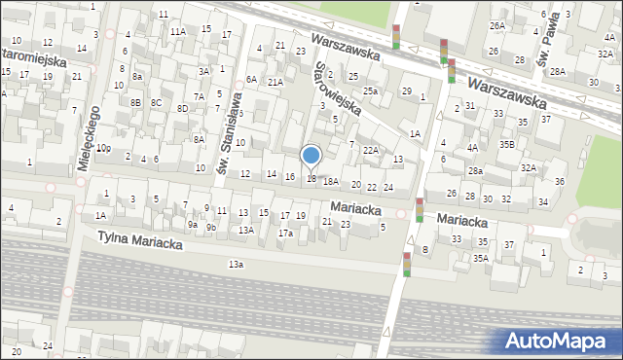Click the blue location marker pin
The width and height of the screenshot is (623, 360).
coord(311,157)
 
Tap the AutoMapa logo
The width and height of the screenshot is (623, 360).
coord(558,341)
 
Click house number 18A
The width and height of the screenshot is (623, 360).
coord(331,181)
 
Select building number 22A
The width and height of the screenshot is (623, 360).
coord(370,150)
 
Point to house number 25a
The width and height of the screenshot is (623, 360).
coord(371,90)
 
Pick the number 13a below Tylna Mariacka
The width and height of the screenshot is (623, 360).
coord(236,264)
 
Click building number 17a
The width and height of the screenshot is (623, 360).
coord(285,234)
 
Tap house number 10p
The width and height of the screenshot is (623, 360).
coord(102,148)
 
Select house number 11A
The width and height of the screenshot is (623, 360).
coord(177,31)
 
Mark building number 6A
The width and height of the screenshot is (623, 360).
coord(250,79)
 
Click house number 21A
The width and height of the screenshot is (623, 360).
coord(275,83)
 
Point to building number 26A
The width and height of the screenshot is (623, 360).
coord(497,25)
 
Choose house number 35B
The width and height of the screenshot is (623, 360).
coord(507,144)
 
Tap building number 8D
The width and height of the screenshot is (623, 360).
coord(182,108)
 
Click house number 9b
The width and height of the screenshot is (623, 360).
coord(210,227)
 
